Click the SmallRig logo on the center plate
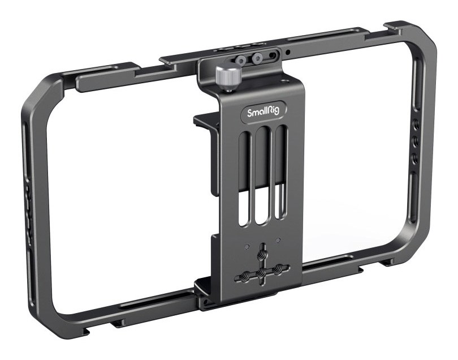263,112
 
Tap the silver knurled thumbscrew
228,76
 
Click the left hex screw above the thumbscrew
241,59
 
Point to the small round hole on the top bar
288,53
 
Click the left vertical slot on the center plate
245,179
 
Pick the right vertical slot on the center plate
280,172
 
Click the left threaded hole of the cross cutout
245,275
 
